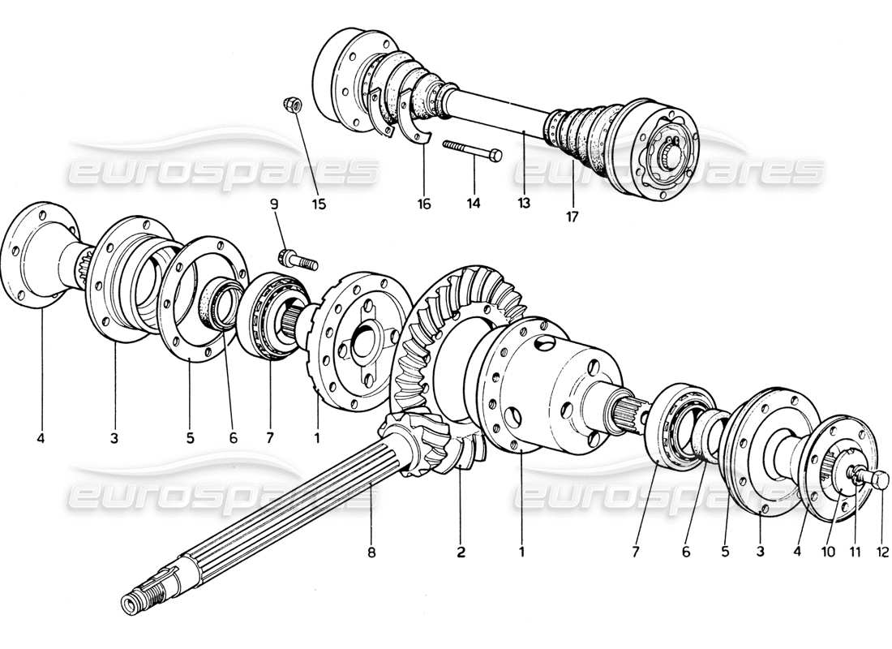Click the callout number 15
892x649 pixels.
click(319, 204)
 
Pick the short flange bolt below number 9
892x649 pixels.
click(295, 260)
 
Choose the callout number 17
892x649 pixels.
click(573, 217)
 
